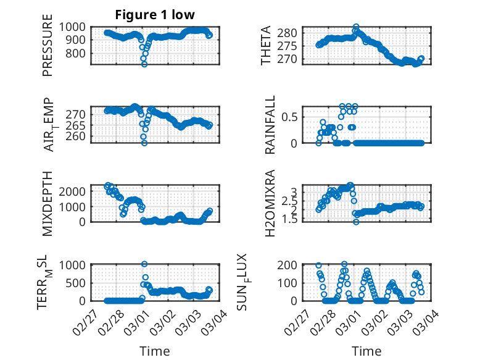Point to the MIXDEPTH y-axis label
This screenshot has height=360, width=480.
coord(48,204)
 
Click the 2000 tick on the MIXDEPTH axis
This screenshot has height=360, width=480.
coord(75,191)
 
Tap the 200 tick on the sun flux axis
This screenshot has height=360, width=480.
coord(291,265)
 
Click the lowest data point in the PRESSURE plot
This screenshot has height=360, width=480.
coord(144,64)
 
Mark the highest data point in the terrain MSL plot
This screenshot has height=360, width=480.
coord(144,264)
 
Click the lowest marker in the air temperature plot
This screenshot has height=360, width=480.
coord(144,143)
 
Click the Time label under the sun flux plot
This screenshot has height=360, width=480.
coord(366,351)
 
